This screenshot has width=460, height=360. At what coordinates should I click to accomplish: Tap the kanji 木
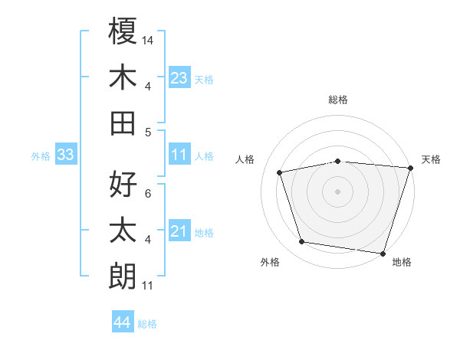[x=123, y=77]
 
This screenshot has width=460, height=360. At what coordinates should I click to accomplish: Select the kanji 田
[x=123, y=123]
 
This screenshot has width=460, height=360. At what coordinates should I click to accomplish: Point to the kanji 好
[x=123, y=185]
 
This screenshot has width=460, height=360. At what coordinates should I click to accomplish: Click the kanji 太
[x=123, y=230]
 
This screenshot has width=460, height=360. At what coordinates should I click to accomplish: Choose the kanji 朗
[x=123, y=275]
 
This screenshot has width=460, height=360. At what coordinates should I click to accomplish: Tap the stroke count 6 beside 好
[x=148, y=192]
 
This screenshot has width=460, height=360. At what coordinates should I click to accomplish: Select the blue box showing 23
[x=179, y=77]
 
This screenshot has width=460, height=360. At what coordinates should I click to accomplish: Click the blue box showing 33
[x=65, y=155]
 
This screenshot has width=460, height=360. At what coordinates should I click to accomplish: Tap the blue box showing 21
[x=179, y=232]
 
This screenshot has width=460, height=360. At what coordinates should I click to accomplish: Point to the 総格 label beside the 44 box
[x=147, y=324]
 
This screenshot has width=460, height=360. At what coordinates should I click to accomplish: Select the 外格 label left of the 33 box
[x=41, y=156]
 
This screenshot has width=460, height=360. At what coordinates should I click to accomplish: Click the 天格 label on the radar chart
[x=431, y=159]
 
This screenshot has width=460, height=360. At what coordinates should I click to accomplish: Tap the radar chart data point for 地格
[x=383, y=253]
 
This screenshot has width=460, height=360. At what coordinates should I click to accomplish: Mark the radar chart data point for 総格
[x=337, y=162]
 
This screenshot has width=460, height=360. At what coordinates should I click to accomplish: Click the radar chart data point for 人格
[x=280, y=172]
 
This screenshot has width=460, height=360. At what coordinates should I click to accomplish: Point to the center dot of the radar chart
[x=337, y=191]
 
